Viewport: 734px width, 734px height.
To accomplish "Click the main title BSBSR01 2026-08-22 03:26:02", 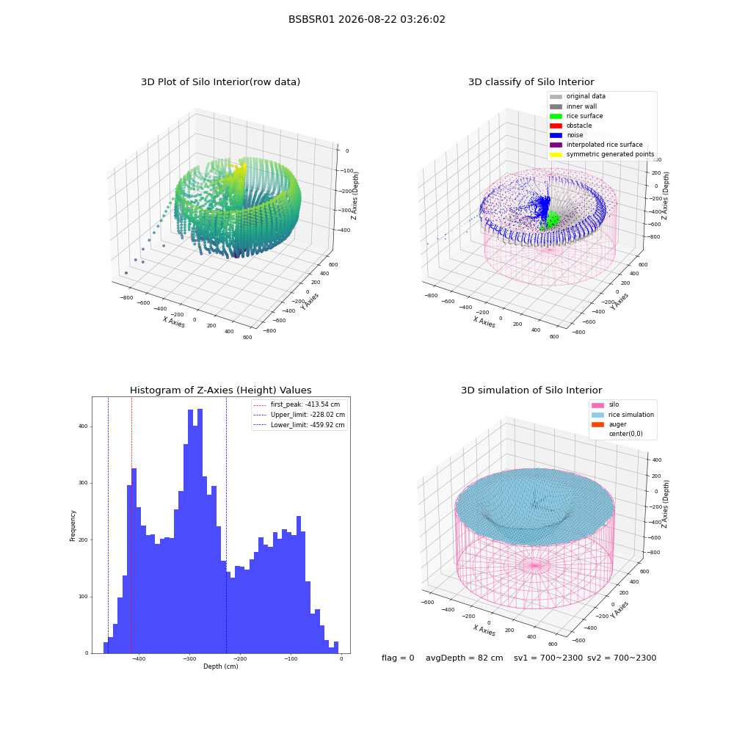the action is [x=366, y=20].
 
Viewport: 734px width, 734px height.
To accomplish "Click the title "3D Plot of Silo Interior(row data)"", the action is [x=220, y=82].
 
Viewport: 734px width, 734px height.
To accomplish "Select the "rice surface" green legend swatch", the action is [x=556, y=116].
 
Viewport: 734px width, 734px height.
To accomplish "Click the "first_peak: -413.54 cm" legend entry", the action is [x=297, y=404].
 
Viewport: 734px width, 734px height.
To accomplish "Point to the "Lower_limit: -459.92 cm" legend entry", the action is [x=299, y=425].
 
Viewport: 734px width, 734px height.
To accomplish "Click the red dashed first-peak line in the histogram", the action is [x=131, y=526].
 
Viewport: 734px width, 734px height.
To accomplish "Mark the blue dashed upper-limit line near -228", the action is [x=227, y=526].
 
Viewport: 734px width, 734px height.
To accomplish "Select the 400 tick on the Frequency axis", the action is [x=84, y=426].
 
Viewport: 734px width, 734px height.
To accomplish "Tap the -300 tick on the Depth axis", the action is [x=189, y=658].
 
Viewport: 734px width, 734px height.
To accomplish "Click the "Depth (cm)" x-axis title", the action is [x=221, y=666].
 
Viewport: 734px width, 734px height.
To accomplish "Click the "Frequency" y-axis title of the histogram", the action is [x=73, y=526].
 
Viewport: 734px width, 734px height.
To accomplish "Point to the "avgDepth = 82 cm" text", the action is [x=465, y=658].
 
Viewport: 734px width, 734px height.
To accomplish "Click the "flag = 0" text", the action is [x=398, y=658].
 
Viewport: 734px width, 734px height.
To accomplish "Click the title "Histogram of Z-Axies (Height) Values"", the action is [x=220, y=390].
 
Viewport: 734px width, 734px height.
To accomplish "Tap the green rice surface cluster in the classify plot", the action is [x=551, y=220].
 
